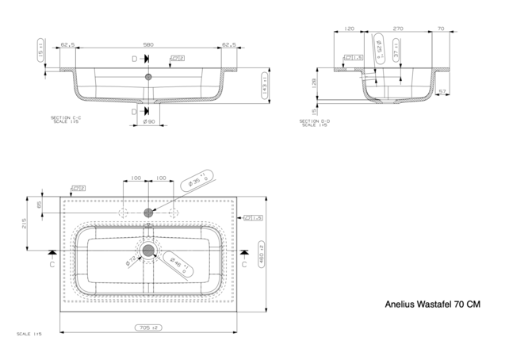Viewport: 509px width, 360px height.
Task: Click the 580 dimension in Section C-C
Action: pyautogui.click(x=148, y=45)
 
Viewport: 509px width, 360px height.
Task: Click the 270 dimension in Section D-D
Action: pyautogui.click(x=397, y=29)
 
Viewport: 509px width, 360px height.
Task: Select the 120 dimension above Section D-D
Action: pyautogui.click(x=349, y=29)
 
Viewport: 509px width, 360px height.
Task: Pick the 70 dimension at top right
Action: pyautogui.click(x=440, y=29)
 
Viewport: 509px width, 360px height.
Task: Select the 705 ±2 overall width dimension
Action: pyautogui.click(x=148, y=327)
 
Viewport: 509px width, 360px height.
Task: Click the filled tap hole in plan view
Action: pyautogui.click(x=148, y=213)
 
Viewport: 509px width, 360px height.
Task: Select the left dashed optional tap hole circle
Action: pyautogui.click(x=121, y=213)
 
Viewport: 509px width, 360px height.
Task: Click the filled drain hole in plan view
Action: pyautogui.click(x=148, y=251)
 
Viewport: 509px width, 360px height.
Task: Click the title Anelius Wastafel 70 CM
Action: pyautogui.click(x=432, y=303)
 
